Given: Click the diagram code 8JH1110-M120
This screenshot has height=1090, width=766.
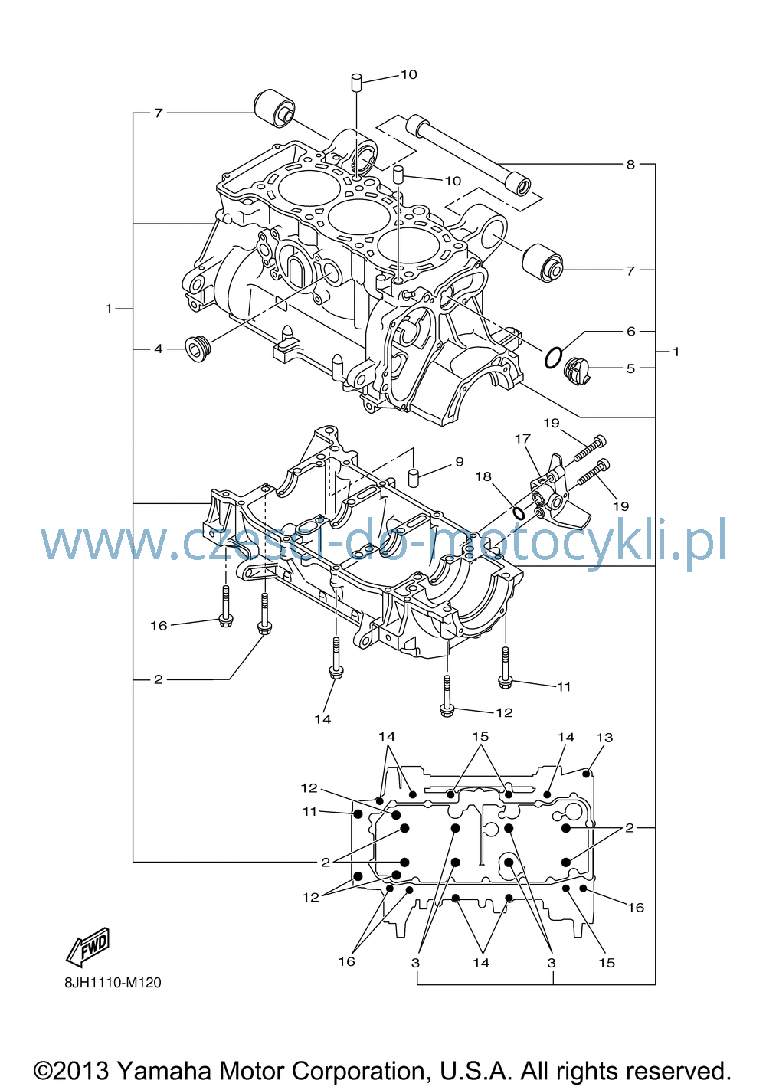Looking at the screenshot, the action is point(113,983).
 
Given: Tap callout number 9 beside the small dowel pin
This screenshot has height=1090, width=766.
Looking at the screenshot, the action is point(460,461).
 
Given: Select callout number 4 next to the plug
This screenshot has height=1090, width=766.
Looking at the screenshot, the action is point(158,349).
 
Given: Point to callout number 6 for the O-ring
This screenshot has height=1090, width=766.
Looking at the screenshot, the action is point(630,332).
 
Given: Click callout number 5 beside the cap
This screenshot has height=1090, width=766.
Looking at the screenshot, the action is point(630,368).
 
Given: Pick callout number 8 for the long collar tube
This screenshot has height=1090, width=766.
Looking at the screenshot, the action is point(630,165).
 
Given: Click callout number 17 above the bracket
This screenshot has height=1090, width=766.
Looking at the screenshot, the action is point(522,438).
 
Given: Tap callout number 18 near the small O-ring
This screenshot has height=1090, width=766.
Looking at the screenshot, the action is point(484,476).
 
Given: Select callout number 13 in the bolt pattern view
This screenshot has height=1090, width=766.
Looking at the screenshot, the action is point(604,737).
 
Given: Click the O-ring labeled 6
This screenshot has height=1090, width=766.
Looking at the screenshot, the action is point(554,358).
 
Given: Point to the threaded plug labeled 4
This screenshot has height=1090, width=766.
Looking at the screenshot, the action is point(198,349).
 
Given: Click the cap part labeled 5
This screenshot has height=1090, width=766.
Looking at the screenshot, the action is point(577,372).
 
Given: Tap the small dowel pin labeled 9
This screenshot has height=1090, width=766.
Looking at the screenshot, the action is point(413,477).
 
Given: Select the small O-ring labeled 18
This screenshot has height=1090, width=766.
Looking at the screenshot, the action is point(519,512).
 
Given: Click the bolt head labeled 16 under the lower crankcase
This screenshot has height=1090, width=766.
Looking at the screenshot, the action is point(226,620).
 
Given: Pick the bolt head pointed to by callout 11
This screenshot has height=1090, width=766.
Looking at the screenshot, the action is point(505,682).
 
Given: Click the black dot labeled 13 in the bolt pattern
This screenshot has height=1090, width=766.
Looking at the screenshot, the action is point(587,773).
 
